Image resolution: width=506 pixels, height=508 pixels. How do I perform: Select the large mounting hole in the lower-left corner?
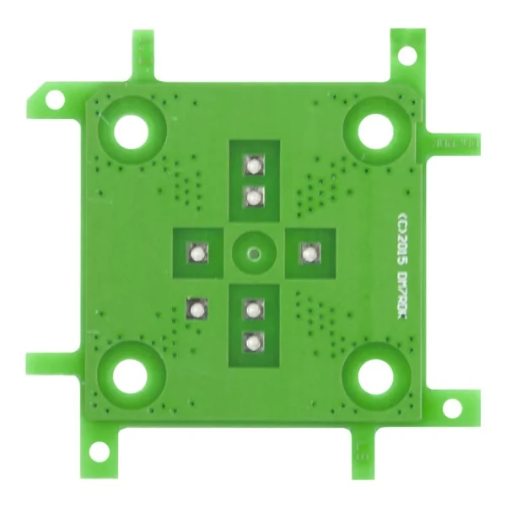coord(131,377)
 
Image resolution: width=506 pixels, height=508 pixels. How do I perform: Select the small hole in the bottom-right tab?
coord(453,409)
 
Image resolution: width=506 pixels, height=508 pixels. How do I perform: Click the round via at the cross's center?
coord(253,251)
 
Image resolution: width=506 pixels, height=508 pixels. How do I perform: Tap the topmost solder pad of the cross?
coord(253,164)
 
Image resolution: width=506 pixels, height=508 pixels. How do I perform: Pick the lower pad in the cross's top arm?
coord(253,197)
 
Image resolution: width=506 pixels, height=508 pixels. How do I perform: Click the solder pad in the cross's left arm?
coord(196,252)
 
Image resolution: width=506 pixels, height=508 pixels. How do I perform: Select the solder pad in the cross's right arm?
coord(310,252)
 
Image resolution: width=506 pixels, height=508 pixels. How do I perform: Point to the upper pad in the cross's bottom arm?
coord(253,308)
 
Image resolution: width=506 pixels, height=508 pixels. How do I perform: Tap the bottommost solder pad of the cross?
coord(253,342)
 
